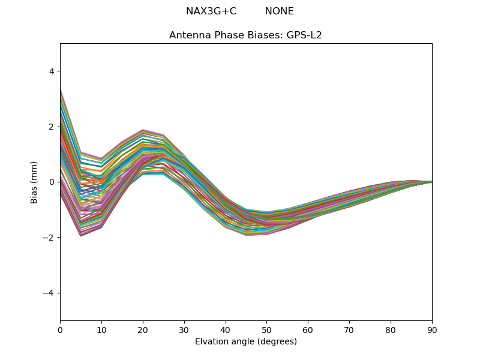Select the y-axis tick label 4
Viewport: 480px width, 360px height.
point(51,71)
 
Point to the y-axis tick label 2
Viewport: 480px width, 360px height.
point(51,127)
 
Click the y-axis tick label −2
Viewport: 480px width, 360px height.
point(49,238)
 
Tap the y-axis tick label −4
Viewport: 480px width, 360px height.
point(49,293)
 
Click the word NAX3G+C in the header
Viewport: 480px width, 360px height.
point(211,11)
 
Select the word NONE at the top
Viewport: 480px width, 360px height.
point(279,11)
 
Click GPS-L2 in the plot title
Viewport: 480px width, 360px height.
point(304,35)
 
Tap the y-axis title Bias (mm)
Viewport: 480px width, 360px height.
point(34,182)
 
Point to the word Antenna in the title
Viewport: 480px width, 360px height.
point(188,35)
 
